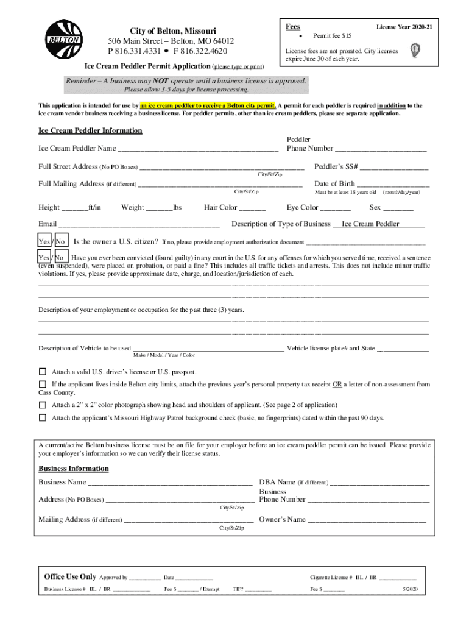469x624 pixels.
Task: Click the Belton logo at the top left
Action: [64, 40]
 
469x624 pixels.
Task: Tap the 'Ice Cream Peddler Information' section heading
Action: [90, 131]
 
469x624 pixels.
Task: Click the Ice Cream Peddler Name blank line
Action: [198, 149]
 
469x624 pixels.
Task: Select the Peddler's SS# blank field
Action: [393, 168]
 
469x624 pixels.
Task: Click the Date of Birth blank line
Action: [393, 185]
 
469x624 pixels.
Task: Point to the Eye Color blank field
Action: [336, 208]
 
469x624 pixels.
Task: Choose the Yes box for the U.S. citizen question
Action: [44, 241]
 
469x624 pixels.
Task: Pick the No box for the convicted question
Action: [61, 258]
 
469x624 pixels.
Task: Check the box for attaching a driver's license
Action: [43, 372]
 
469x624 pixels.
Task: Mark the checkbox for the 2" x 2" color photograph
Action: [43, 405]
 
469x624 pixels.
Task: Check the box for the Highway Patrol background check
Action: [43, 418]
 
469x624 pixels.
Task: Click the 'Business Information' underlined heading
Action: [74, 469]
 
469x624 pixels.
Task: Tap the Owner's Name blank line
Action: [367, 521]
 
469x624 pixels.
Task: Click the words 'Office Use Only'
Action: [70, 576]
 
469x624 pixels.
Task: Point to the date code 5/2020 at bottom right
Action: [409, 590]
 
